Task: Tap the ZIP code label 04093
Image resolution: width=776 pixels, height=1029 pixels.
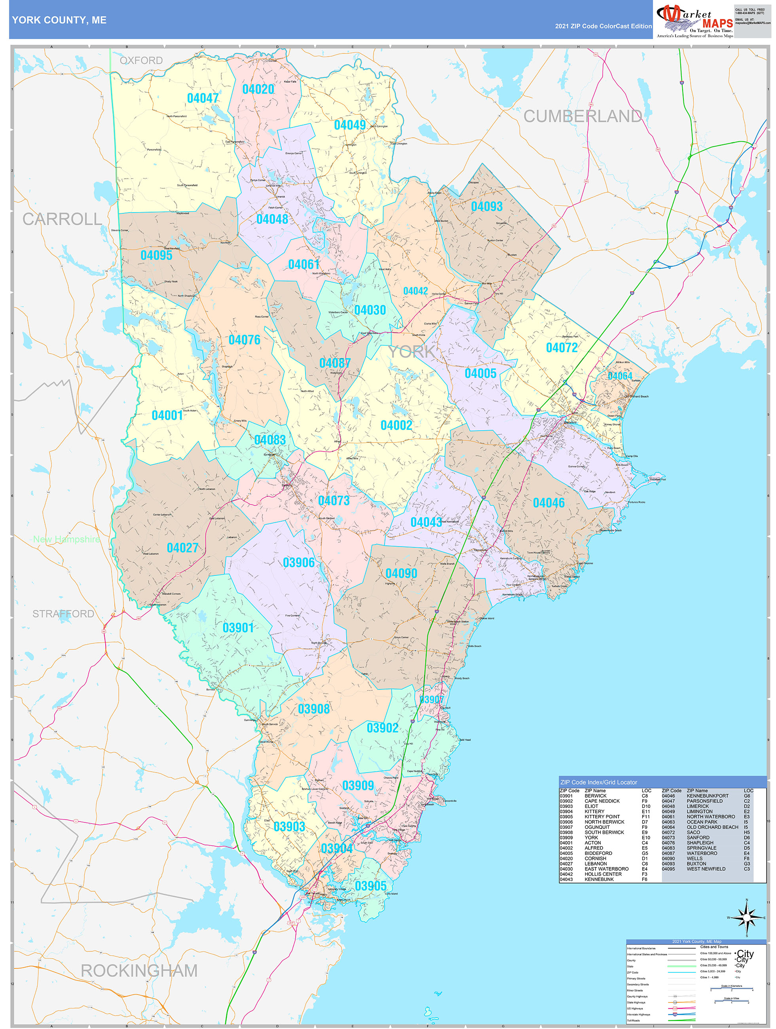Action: [x=487, y=207]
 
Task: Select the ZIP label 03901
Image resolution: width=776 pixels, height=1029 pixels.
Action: [x=238, y=628]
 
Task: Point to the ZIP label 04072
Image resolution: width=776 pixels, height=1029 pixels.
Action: [x=562, y=348]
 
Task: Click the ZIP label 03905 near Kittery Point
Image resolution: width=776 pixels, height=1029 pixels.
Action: [x=370, y=886]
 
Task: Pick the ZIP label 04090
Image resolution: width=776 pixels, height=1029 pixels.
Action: [x=401, y=573]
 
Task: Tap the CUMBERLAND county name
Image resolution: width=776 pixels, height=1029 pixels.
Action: [x=582, y=116]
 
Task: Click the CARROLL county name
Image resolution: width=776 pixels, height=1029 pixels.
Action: [x=62, y=219]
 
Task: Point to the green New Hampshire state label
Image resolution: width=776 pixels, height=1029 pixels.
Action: [x=66, y=539]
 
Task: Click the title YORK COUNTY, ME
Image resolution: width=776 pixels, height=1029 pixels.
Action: [x=59, y=20]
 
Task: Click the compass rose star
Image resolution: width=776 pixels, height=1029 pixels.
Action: [x=746, y=918]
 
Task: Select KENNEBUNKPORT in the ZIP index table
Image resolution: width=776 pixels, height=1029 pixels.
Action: [x=707, y=796]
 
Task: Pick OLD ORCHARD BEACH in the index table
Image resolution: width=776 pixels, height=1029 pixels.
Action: [x=712, y=827]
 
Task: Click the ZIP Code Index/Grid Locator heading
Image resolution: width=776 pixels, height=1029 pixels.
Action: [x=598, y=782]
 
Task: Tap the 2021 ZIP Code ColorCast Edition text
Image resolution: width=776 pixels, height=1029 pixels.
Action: [x=603, y=26]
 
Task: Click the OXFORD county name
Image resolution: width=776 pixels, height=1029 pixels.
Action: [x=141, y=61]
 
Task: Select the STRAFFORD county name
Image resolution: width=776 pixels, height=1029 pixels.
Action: [x=63, y=614]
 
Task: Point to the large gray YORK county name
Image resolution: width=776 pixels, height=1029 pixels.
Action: [x=412, y=352]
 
